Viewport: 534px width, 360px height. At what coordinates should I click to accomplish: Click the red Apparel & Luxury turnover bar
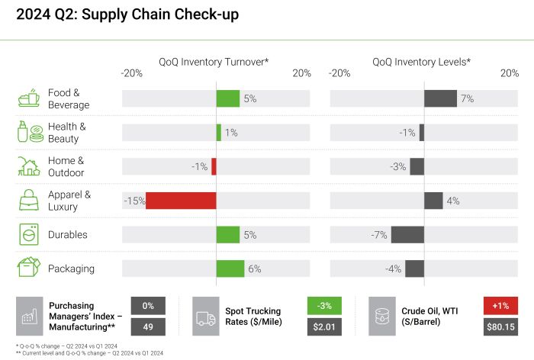(181, 201)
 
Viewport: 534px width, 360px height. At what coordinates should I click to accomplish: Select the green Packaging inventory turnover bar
(230, 268)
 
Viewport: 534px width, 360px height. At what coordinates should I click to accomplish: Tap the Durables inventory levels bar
(407, 235)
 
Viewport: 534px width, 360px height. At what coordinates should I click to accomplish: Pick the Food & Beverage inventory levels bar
(440, 98)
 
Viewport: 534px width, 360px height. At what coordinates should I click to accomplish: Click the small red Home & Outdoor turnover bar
(214, 166)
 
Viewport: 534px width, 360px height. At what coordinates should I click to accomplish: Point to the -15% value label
(133, 201)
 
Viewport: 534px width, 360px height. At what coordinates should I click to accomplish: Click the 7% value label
(467, 98)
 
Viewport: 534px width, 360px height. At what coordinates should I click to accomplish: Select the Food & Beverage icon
(29, 98)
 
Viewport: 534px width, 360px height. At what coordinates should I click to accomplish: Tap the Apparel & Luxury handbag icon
(29, 201)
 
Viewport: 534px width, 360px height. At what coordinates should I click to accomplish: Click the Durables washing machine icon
(29, 235)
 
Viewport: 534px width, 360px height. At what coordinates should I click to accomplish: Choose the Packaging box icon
(29, 268)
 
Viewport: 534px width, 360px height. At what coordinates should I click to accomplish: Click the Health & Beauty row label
(67, 133)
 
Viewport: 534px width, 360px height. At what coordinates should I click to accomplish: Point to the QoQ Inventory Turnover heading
(214, 61)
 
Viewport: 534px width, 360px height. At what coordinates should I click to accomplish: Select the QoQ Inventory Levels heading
(421, 61)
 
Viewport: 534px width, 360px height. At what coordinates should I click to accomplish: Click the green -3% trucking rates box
(324, 306)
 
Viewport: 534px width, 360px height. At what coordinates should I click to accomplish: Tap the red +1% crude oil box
(500, 306)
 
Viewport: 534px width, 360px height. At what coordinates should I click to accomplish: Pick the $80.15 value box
(500, 327)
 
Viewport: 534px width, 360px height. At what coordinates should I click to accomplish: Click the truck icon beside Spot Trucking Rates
(207, 317)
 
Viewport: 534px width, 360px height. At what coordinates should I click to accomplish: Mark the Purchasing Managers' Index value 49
(148, 327)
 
